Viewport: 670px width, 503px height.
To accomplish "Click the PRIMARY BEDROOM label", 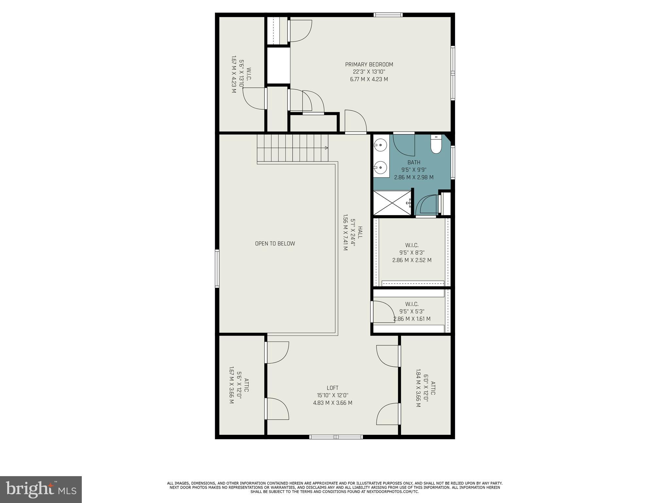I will pyautogui.click(x=369, y=65).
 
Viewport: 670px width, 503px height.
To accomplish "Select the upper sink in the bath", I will pyautogui.click(x=381, y=145).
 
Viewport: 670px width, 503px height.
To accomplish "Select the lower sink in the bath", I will pyautogui.click(x=381, y=168).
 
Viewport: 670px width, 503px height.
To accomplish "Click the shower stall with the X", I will pyautogui.click(x=392, y=203).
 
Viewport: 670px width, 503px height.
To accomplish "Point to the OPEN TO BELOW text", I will pyautogui.click(x=275, y=244).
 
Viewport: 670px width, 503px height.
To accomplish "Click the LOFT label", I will pyautogui.click(x=332, y=388).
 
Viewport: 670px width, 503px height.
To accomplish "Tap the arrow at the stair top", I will pyautogui.click(x=326, y=148).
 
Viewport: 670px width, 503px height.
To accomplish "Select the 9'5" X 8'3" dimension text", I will pyautogui.click(x=412, y=253).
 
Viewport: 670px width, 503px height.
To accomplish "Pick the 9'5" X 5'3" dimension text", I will pyautogui.click(x=412, y=311).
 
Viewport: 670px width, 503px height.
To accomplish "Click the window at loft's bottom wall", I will pyautogui.click(x=336, y=437).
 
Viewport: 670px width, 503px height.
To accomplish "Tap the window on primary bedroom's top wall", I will pyautogui.click(x=388, y=15).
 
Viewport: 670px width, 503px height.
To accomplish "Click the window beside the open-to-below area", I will pyautogui.click(x=217, y=269).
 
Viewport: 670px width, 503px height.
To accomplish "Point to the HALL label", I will pyautogui.click(x=360, y=232).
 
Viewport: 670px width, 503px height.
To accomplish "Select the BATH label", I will pyautogui.click(x=414, y=162).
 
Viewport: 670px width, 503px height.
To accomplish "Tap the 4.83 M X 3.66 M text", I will pyautogui.click(x=332, y=403).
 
